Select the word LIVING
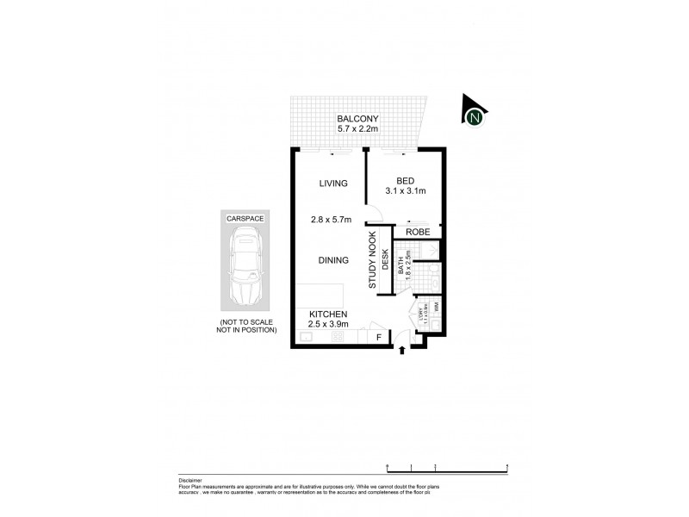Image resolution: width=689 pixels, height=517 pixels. click(332, 184)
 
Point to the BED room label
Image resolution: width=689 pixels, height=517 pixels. click(405, 180)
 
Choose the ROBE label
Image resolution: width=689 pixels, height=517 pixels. click(419, 232)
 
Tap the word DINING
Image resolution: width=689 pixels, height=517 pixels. click(332, 260)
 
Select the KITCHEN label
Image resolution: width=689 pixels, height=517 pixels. click(328, 314)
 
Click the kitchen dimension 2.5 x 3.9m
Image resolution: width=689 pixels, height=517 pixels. click(328, 325)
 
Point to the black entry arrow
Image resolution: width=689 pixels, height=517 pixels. click(403, 349)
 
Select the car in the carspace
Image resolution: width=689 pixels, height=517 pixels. click(245, 271)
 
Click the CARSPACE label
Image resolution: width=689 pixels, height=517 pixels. click(245, 220)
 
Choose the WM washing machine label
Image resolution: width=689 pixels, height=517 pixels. click(437, 306)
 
